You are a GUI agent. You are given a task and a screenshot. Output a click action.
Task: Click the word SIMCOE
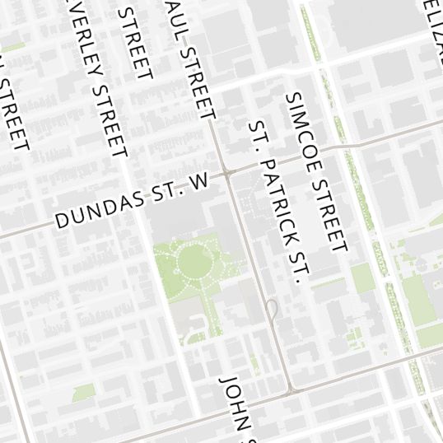tap(300, 124)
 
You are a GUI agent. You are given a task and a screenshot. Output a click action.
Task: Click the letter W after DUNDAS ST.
tap(200, 184)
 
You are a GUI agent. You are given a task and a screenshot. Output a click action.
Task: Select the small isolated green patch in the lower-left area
tap(83, 391)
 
